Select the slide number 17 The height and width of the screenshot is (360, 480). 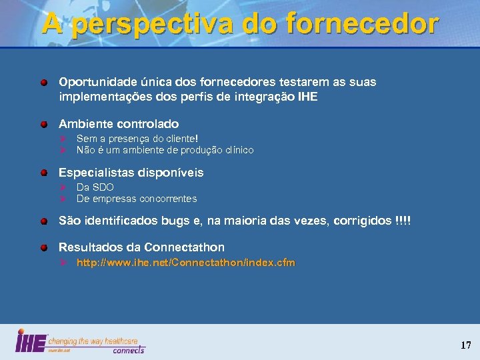465,345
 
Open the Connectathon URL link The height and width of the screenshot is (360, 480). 185,263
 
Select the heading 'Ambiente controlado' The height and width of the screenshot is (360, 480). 119,124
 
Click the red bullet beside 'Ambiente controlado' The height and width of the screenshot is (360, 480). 43,125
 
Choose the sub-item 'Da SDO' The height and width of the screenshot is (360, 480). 95,187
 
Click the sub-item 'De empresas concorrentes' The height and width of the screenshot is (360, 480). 137,199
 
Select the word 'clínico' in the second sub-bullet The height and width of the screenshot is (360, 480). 239,150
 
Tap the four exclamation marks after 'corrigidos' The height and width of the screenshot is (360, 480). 403,220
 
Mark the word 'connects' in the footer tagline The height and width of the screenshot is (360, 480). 128,349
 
